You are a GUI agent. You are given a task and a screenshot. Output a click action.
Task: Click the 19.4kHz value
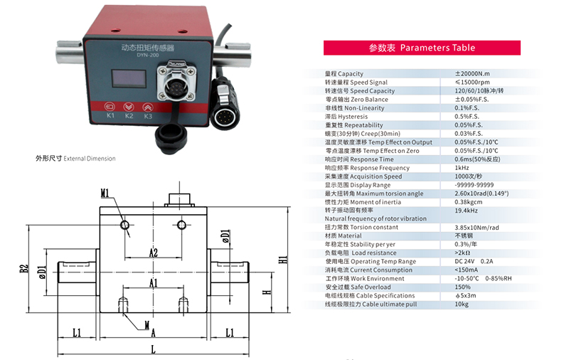(466, 211)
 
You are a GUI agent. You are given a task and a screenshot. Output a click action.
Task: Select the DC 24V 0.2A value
(473, 262)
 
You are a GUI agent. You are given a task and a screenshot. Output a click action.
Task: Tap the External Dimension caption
(75, 159)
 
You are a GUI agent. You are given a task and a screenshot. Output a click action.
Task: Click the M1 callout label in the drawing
(105, 193)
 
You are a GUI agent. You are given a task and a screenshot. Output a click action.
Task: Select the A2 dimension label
(153, 253)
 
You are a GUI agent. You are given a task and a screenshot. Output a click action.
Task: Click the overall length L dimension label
(153, 348)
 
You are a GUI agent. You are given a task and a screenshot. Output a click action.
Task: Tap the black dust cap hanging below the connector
(172, 135)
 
